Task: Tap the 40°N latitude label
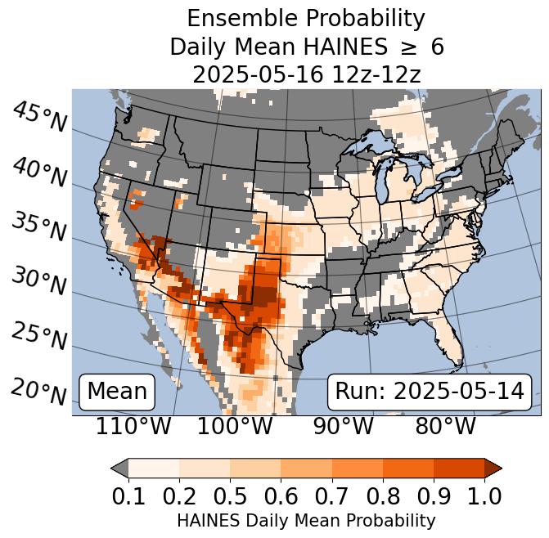click(40, 173)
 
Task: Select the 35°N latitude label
click(40, 226)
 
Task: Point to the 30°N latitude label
click(40, 282)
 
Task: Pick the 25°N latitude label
click(40, 336)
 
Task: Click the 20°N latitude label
click(40, 391)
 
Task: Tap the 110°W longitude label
click(134, 427)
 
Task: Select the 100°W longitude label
click(235, 427)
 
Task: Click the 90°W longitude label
click(338, 427)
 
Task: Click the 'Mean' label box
click(117, 392)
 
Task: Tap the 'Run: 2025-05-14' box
click(430, 392)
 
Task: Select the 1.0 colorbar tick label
click(484, 495)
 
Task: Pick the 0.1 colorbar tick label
click(128, 495)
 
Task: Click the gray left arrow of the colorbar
click(119, 468)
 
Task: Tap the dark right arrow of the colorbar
click(493, 468)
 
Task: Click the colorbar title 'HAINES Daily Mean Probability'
click(306, 520)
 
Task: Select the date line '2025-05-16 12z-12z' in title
click(306, 74)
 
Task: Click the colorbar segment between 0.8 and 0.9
click(407, 468)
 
